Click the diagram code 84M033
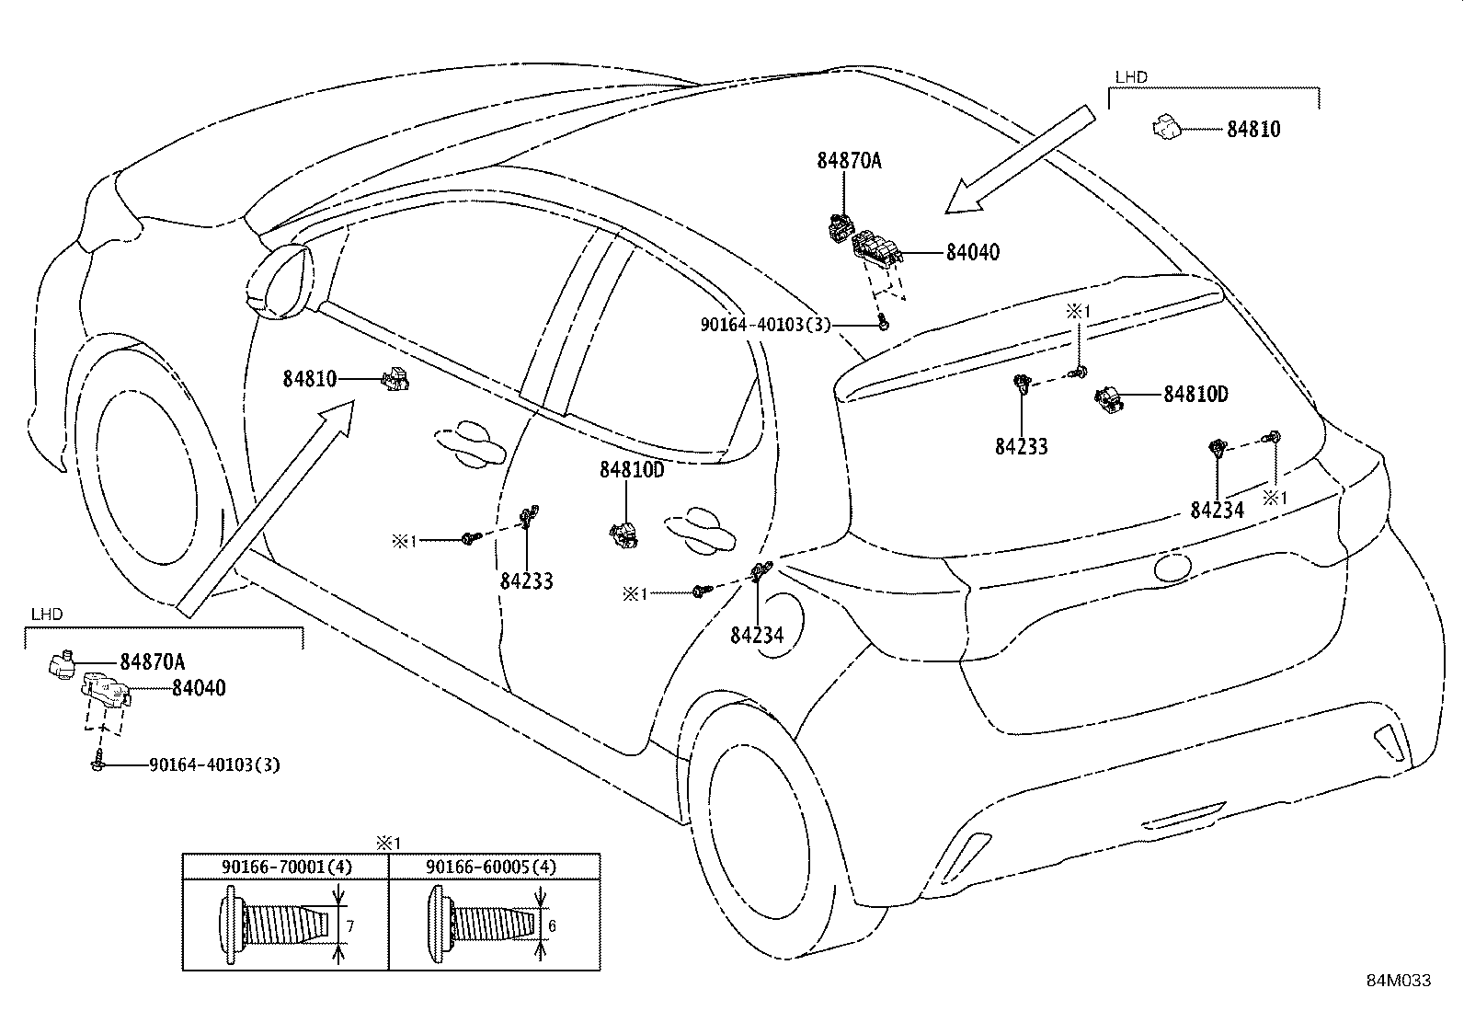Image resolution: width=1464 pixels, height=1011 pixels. [x=1398, y=981]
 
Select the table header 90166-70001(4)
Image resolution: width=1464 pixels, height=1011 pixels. [x=286, y=867]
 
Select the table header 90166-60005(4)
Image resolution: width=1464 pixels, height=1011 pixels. [x=491, y=867]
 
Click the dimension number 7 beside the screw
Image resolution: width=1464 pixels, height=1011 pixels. [x=349, y=926]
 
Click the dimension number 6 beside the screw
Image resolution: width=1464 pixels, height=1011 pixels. [x=553, y=926]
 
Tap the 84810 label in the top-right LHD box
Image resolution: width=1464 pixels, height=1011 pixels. [x=1252, y=130]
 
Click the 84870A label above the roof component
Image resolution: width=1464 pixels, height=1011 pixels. [x=849, y=161]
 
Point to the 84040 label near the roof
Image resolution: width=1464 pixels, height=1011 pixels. [x=972, y=252]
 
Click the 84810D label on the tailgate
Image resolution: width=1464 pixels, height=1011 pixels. [x=1195, y=395]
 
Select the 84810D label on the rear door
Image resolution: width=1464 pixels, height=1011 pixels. [x=631, y=470]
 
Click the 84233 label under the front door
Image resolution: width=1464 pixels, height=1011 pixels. [x=527, y=581]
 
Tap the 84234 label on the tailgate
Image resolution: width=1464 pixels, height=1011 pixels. [x=1217, y=511]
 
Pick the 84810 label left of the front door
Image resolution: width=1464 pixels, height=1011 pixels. [x=309, y=378]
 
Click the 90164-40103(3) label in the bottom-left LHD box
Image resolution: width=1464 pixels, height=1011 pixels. [x=214, y=764]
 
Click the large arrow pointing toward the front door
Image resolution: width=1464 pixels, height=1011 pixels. [x=267, y=511]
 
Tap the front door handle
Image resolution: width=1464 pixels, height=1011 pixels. [x=472, y=442]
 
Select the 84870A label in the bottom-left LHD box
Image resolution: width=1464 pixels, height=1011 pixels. [x=152, y=661]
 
